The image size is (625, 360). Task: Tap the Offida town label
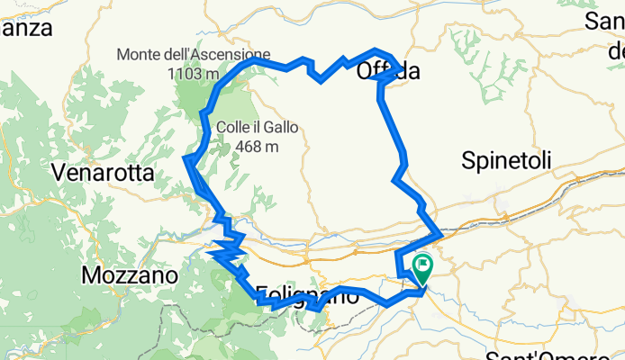[388, 71]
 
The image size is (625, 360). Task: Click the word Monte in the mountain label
[140, 54]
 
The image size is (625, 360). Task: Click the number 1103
[181, 73]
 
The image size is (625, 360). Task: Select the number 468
[249, 146]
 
